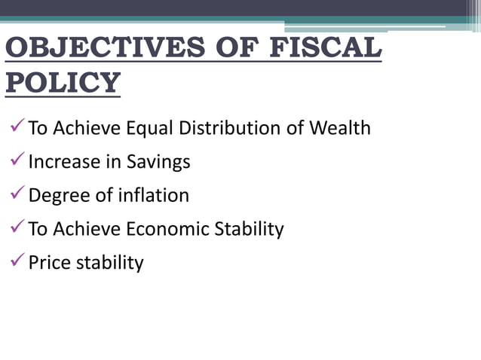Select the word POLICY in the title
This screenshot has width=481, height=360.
63,82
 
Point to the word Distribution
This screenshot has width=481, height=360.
234,128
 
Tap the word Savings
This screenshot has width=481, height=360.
158,162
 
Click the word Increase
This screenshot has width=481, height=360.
63,162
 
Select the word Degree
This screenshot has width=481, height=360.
57,196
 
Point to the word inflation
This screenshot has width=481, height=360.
154,196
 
